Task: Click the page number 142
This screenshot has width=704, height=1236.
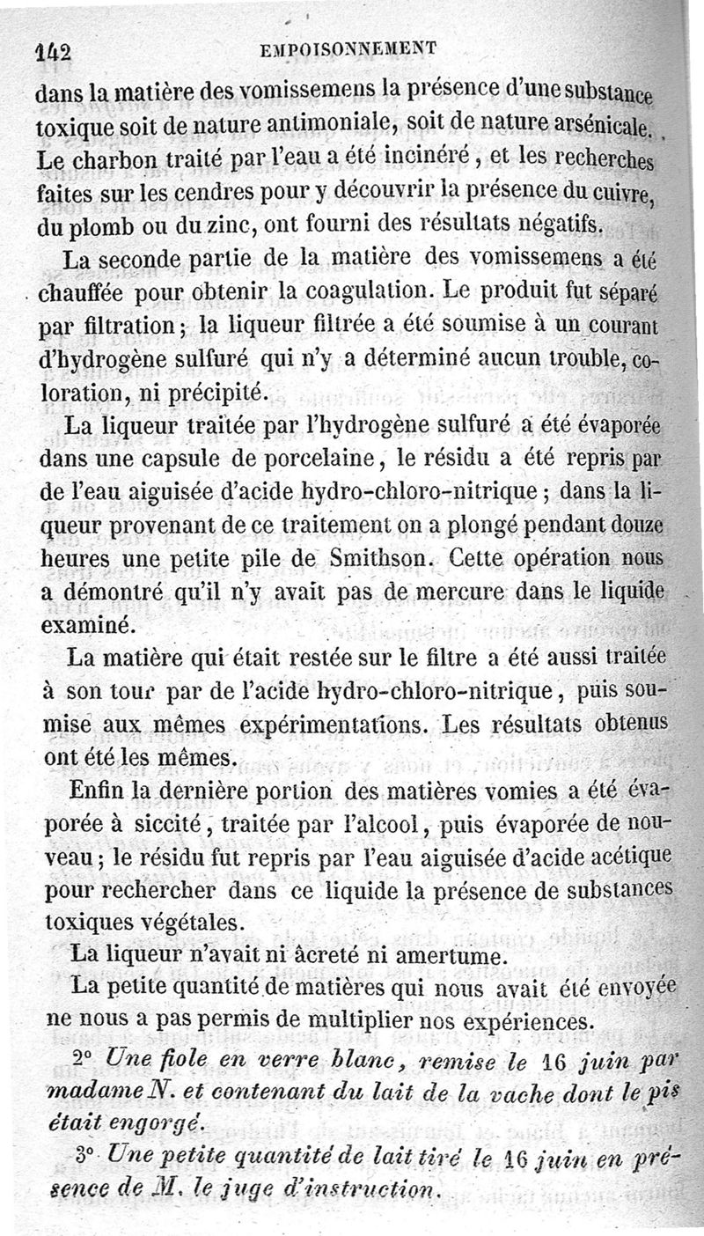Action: [x=55, y=51]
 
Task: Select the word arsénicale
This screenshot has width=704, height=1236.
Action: [x=588, y=126]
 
